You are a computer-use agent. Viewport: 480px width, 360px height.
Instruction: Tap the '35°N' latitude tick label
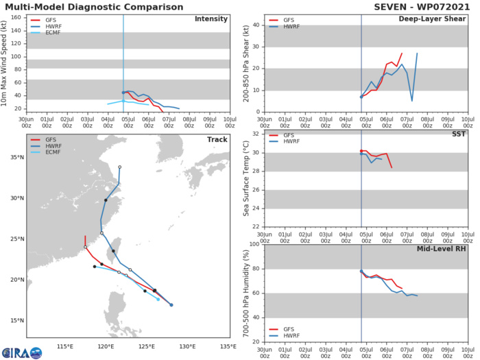tap(15, 158)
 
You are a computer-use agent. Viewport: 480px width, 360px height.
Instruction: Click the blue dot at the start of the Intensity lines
tap(123, 93)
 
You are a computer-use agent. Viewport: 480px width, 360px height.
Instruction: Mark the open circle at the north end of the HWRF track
tap(119, 167)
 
